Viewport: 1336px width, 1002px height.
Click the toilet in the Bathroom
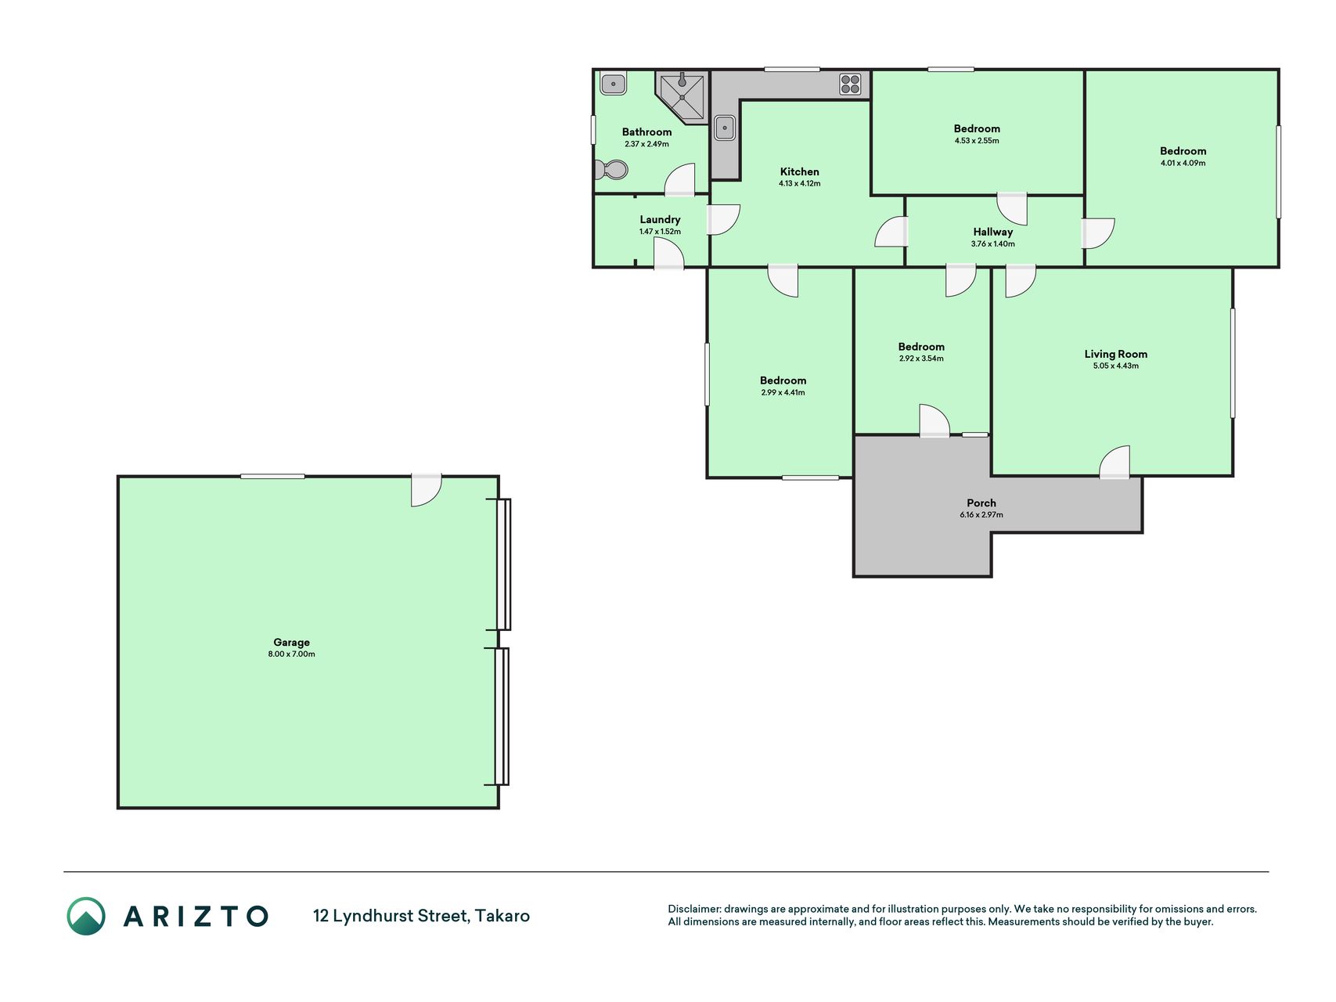[x=611, y=169]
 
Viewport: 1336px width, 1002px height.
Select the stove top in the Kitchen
[x=850, y=84]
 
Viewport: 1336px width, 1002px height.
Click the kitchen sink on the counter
[x=725, y=128]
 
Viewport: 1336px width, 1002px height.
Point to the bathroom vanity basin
[x=613, y=82]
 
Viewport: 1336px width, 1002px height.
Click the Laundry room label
[x=660, y=220]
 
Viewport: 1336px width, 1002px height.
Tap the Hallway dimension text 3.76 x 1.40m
[x=992, y=244]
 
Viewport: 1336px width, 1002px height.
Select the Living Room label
[x=1115, y=354]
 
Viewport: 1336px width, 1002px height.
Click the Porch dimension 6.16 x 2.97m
[x=981, y=515]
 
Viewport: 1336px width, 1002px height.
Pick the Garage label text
[x=291, y=643]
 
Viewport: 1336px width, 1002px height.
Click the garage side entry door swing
[x=427, y=490]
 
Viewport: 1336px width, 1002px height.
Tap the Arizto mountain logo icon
[x=86, y=916]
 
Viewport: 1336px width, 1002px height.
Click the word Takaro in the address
[x=502, y=916]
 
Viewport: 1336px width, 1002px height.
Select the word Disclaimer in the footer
[x=693, y=909]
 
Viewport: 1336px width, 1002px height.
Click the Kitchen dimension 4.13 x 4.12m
[x=800, y=184]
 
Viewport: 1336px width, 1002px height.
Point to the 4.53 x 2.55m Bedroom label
[x=977, y=128]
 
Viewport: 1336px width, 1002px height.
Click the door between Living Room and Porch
[x=1115, y=462]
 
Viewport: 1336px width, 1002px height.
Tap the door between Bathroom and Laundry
[x=679, y=179]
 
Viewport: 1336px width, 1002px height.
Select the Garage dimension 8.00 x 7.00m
[x=291, y=654]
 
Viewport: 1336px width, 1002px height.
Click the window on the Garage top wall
[x=272, y=476]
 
